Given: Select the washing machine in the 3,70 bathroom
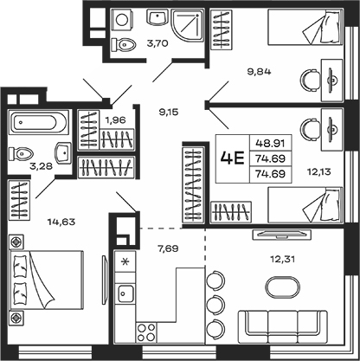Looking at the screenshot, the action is coord(123,19).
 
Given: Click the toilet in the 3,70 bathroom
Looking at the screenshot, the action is coord(124,45).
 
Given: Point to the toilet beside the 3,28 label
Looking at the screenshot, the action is coord(21,153).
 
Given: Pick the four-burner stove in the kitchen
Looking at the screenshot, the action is coord(146,332).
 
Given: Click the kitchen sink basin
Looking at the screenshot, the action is coord(125,293).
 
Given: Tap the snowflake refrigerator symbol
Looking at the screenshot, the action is coord(125,261).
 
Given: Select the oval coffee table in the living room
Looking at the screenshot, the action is coord(282,287).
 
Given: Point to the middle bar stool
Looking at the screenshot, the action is coord(215,303).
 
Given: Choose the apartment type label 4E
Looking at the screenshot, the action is coord(232,158).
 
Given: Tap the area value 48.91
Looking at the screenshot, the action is coord(270,143).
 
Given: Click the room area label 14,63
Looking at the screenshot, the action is coord(61,222).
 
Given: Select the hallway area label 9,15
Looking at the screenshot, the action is coord(169,112).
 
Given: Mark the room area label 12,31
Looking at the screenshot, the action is coord(283,259).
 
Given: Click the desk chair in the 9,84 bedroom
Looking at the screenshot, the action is coord(311,80).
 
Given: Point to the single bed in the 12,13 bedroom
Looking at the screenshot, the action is coord(305,205).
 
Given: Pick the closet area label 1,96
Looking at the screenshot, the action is coord(116,119).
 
